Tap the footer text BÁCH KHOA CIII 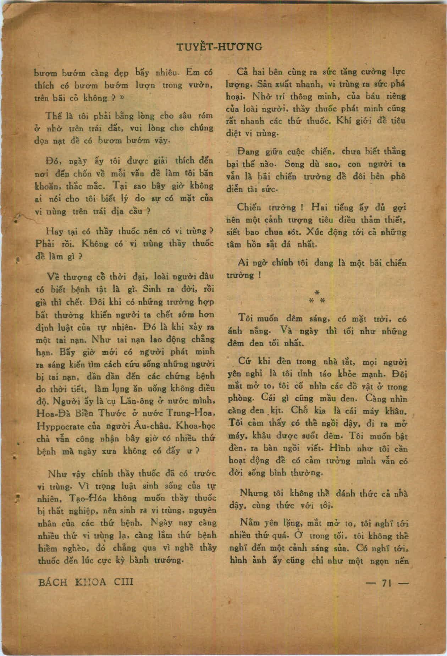pos(85,582)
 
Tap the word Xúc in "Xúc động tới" pos(313,232)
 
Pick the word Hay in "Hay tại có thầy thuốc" pos(54,232)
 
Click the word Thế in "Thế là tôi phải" pos(54,116)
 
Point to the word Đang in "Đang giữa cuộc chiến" pos(249,151)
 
